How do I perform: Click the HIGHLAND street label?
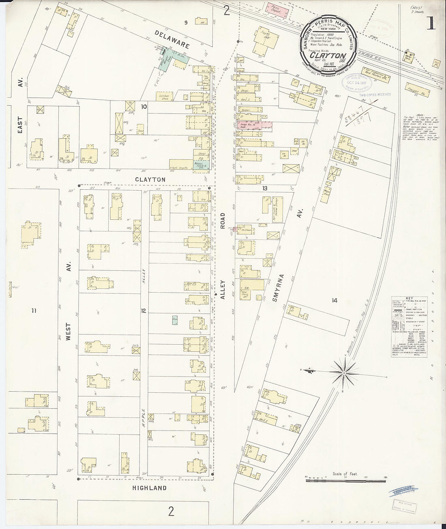coord(150,488)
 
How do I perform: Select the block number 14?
coord(334,300)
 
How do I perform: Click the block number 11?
coord(34,311)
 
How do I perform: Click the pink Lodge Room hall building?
coord(255,126)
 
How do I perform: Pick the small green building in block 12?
coord(175,319)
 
